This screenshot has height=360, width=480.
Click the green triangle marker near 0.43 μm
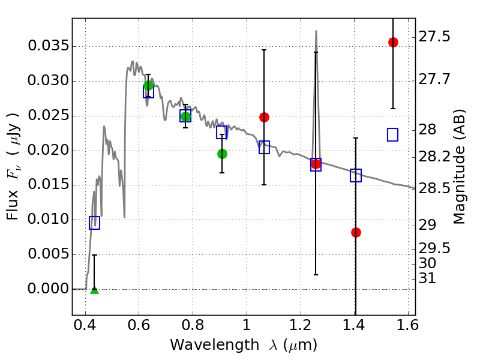pyautogui.click(x=94, y=290)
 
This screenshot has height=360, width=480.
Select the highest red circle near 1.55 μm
pyautogui.click(x=393, y=42)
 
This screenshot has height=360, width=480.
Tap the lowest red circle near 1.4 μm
pyautogui.click(x=356, y=232)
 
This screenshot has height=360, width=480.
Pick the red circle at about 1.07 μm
pyautogui.click(x=264, y=117)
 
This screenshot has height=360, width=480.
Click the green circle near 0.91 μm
pyautogui.click(x=222, y=154)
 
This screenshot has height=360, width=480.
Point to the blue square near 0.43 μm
pyautogui.click(x=94, y=223)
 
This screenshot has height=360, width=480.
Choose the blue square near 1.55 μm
pyautogui.click(x=393, y=134)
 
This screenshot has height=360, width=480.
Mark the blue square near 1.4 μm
pyautogui.click(x=356, y=175)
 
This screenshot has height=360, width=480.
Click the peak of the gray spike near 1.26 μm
pyautogui.click(x=316, y=31)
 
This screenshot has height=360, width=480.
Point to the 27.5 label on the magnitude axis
pyautogui.click(x=435, y=37)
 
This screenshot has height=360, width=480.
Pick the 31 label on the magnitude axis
pyautogui.click(x=428, y=279)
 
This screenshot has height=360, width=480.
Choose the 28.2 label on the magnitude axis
pyautogui.click(x=435, y=157)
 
